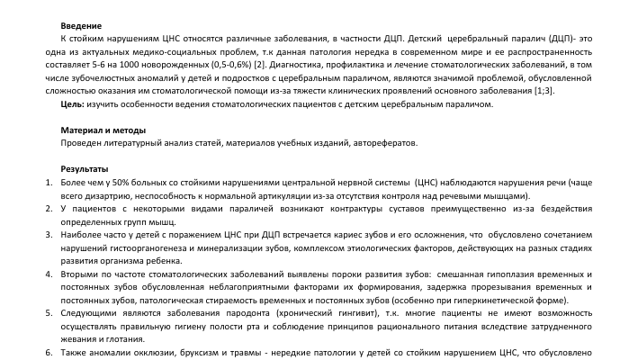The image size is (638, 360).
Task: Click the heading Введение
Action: pos(80,28)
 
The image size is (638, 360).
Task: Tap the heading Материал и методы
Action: pos(103,130)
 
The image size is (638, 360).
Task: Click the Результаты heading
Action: pos(85,168)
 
